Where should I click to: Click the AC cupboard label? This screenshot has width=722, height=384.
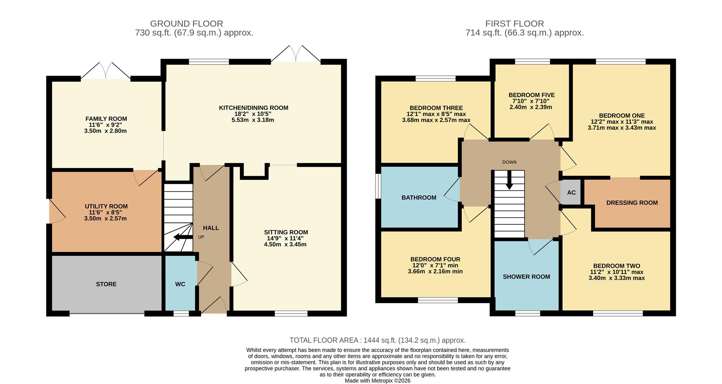[571, 193]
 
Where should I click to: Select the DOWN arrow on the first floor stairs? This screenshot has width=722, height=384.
[509, 181]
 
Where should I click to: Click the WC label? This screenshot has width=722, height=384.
[180, 284]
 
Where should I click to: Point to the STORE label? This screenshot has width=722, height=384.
[106, 284]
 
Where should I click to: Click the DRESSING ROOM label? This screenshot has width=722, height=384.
[632, 203]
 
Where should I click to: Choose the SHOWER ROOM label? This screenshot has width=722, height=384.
[526, 277]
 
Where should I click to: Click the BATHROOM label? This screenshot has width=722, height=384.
[419, 198]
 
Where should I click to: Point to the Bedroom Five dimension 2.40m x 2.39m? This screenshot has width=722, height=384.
[531, 107]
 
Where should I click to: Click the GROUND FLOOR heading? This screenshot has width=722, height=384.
[187, 24]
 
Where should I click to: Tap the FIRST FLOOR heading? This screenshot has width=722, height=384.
[514, 24]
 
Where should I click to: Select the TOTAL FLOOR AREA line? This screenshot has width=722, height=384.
[377, 340]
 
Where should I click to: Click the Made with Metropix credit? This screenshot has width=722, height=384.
[377, 381]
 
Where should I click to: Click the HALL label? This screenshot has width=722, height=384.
[211, 228]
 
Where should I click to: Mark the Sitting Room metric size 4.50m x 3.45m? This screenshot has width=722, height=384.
[285, 245]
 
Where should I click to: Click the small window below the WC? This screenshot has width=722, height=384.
[181, 313]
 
